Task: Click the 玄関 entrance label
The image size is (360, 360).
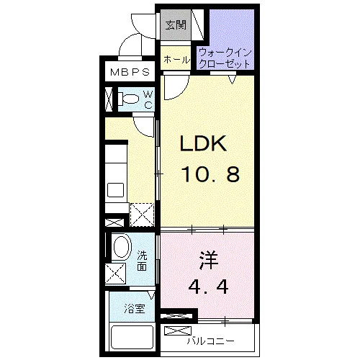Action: pyautogui.click(x=176, y=24)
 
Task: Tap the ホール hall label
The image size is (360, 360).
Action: pyautogui.click(x=177, y=59)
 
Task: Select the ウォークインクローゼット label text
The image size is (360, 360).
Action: pyautogui.click(x=225, y=58)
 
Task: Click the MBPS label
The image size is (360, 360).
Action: pyautogui.click(x=130, y=72)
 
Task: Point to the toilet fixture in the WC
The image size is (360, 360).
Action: pyautogui.click(x=128, y=99)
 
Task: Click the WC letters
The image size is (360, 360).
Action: pyautogui.click(x=148, y=99)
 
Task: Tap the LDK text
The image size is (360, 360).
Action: pyautogui.click(x=203, y=143)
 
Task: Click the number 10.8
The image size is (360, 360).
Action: pyautogui.click(x=210, y=174)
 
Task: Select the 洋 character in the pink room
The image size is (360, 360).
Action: pyautogui.click(x=208, y=260)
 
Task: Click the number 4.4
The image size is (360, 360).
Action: pyautogui.click(x=208, y=287)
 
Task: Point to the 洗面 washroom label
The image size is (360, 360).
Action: pyautogui.click(x=142, y=261)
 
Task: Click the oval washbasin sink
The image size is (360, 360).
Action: pyautogui.click(x=122, y=247)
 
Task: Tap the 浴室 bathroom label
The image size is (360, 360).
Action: pyautogui.click(x=135, y=309)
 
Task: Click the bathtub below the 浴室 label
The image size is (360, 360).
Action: pyautogui.click(x=132, y=338)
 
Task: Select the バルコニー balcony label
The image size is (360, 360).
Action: pyautogui.click(x=210, y=341)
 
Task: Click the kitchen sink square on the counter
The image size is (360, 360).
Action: pyautogui.click(x=115, y=190)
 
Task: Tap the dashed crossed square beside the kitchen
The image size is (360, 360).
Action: pyautogui.click(x=142, y=215)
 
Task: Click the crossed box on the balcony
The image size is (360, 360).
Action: pyautogui.click(x=178, y=330)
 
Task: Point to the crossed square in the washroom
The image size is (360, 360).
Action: pyautogui.click(x=115, y=274)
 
